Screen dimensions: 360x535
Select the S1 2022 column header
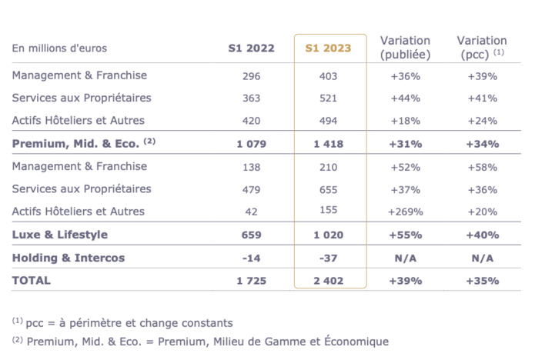point(251,48)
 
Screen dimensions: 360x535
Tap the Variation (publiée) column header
point(405,48)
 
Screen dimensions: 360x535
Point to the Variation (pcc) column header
point(481,48)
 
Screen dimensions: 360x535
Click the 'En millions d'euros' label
point(59,48)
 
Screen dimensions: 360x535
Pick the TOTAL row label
point(32,280)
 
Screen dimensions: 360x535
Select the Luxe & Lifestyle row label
point(59,235)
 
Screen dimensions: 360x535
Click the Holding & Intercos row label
point(68,258)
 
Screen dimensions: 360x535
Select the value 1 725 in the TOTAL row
point(251,281)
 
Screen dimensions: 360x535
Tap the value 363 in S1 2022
point(251,98)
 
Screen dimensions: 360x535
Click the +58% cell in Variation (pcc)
point(482,167)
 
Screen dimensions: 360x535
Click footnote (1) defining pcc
point(122,323)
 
